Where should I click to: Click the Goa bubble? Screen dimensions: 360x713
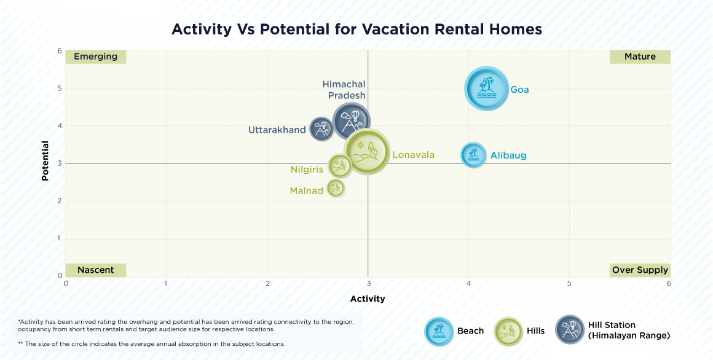(486, 89)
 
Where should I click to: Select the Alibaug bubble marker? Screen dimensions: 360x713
(473, 155)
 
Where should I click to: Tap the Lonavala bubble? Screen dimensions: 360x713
(366, 152)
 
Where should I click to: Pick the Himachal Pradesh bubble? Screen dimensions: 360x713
(351, 120)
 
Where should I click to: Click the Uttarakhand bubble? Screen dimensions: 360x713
(321, 129)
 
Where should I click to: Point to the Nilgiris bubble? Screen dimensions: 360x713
(339, 165)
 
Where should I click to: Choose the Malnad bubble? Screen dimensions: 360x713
(335, 187)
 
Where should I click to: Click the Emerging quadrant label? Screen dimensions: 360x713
(95, 57)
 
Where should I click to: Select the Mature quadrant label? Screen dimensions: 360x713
(640, 57)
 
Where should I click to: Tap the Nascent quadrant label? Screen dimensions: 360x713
(95, 270)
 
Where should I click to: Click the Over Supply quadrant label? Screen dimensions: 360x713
(640, 270)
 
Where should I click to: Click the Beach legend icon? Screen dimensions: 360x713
(439, 331)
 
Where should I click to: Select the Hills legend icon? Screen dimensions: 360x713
(509, 331)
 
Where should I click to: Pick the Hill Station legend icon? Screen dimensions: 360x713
(570, 330)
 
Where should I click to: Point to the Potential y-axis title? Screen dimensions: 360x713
(45, 161)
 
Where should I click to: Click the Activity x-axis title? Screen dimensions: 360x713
(368, 299)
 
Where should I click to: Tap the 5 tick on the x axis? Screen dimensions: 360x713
(569, 283)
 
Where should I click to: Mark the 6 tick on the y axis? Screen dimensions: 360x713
(60, 51)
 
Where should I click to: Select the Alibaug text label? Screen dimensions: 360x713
(508, 155)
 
